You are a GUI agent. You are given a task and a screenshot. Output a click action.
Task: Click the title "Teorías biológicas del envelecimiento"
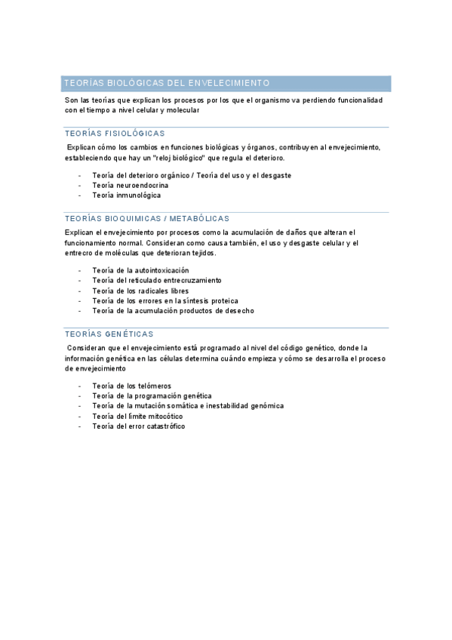pyautogui.click(x=167, y=83)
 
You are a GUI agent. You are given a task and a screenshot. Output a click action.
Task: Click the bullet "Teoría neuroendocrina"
pyautogui.click(x=131, y=185)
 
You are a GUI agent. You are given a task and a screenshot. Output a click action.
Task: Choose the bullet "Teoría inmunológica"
pyautogui.click(x=126, y=195)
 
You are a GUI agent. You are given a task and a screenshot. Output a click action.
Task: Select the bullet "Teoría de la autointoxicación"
pyautogui.click(x=140, y=270)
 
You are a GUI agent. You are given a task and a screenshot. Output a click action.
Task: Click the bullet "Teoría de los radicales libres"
pyautogui.click(x=140, y=291)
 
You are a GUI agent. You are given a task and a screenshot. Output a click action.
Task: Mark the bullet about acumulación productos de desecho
pyautogui.click(x=173, y=310)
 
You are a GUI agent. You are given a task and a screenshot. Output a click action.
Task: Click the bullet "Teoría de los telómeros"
pyautogui.click(x=132, y=386)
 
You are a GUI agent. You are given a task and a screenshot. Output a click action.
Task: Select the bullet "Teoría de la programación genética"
pyautogui.click(x=152, y=395)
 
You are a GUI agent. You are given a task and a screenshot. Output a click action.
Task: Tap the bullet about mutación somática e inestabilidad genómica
pyautogui.click(x=188, y=405)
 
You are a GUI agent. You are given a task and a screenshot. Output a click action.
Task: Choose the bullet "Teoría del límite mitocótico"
pyautogui.click(x=137, y=416)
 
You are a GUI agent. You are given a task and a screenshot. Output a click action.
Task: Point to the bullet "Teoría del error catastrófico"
pyautogui.click(x=139, y=426)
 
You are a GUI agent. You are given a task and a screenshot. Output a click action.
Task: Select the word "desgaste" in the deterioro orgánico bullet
pyautogui.click(x=275, y=175)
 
